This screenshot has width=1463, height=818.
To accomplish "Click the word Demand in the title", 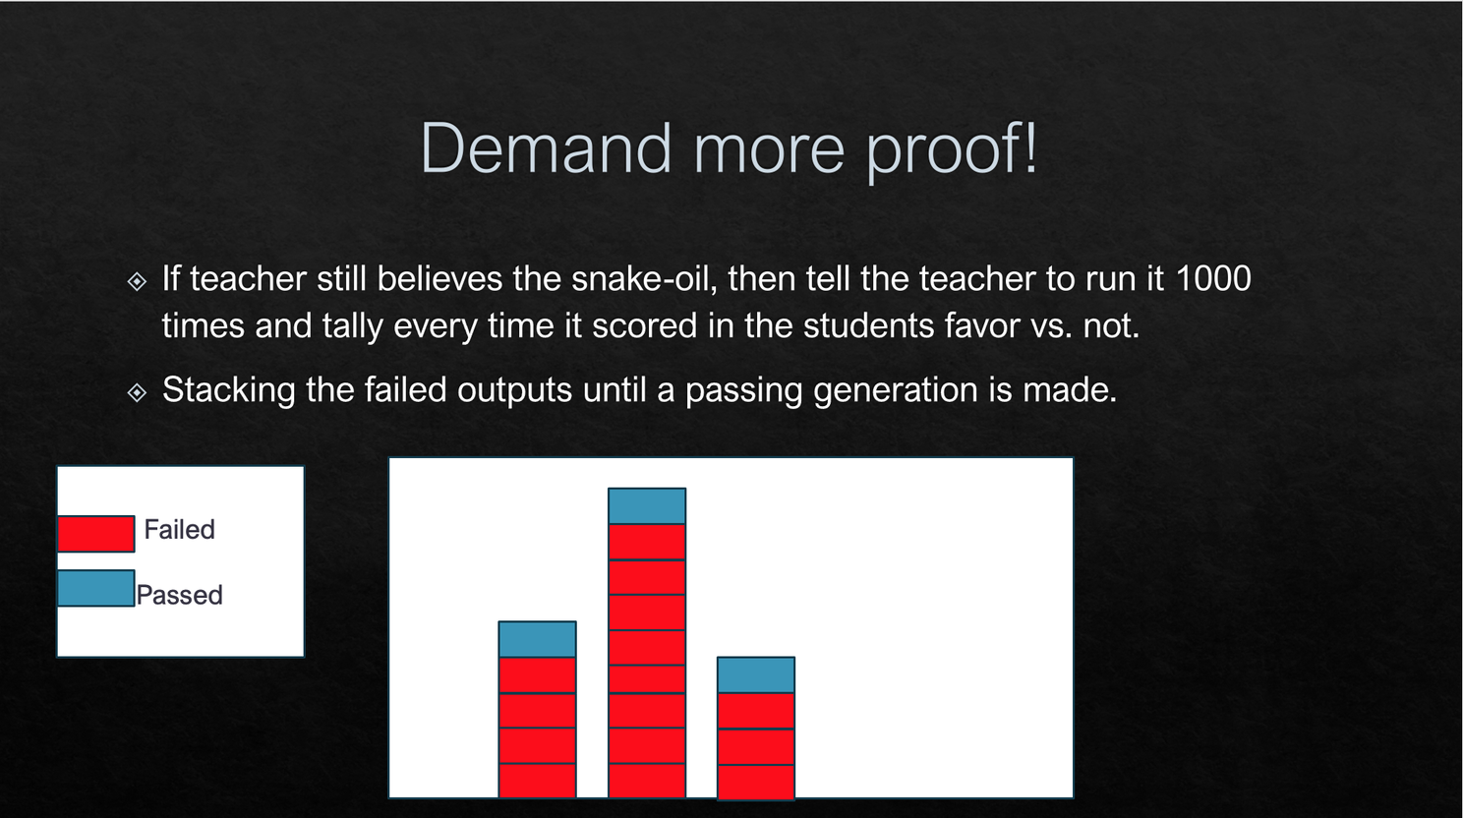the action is [546, 148].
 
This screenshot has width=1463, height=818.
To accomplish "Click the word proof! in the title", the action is [952, 151].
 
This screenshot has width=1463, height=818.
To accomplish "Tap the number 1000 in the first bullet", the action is [1213, 279].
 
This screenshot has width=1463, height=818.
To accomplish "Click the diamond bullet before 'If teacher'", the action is [138, 281].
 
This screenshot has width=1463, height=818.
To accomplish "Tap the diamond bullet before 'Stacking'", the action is [138, 392].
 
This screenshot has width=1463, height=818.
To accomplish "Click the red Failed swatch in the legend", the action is [96, 534].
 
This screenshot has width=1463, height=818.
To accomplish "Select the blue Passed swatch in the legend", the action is [96, 588].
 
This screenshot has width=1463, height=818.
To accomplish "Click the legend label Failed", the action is [179, 529].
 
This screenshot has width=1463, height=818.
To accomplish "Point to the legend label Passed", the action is [180, 595].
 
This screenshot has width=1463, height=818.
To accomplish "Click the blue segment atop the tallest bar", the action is [647, 505].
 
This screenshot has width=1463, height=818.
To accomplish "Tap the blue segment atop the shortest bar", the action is [756, 674].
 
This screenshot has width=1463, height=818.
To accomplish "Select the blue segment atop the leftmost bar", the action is [537, 640].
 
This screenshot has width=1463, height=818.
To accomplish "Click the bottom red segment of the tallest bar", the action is [647, 781].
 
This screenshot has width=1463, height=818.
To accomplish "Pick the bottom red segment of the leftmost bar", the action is [537, 781].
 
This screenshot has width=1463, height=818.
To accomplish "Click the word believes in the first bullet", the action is [439, 279].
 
